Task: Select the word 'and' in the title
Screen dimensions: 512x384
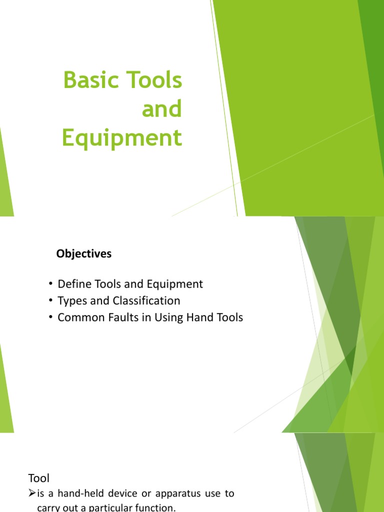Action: click(161, 109)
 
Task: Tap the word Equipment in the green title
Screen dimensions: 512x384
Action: click(121, 138)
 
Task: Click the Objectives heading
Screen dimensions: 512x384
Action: click(84, 254)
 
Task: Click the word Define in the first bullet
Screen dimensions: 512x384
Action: click(73, 284)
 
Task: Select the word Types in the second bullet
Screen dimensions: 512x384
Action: click(72, 301)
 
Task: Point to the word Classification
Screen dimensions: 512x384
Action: click(148, 300)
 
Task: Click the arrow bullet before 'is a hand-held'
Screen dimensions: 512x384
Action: click(31, 493)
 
